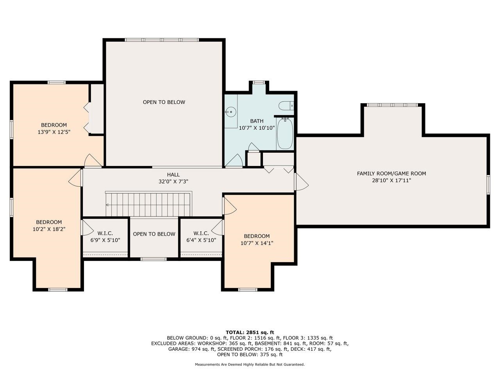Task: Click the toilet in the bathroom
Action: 286,105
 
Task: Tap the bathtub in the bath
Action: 285,134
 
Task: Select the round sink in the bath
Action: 231,112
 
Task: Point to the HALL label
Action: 173,175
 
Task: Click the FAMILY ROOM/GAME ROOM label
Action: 391,173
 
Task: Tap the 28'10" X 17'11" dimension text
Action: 391,180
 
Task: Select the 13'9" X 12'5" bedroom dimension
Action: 54,132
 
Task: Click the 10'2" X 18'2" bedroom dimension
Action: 49,229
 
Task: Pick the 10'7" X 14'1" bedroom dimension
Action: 257,243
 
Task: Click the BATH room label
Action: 257,121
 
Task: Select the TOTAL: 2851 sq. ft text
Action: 250,332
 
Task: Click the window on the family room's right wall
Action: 488,185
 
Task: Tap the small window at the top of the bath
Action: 258,82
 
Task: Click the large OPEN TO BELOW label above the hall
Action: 164,102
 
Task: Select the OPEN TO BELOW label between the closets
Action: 154,234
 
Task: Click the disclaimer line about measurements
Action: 250,364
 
